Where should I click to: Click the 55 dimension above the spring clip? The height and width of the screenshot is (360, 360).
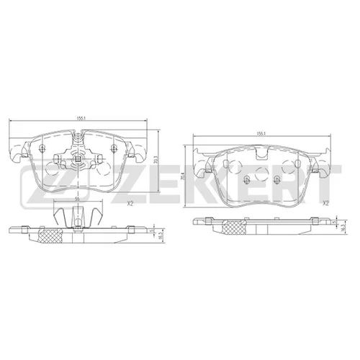click(x=77, y=199)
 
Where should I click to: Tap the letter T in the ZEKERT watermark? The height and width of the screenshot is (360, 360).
click(x=324, y=177)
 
